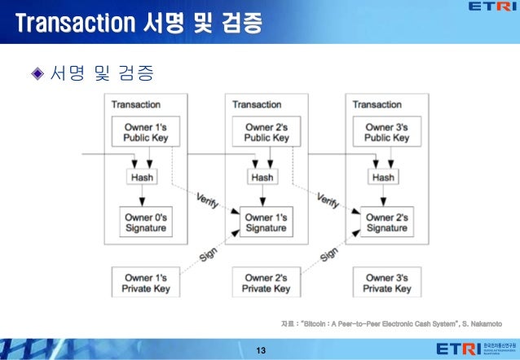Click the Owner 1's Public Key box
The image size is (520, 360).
coord(144,132)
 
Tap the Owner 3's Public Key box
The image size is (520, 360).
coord(386,132)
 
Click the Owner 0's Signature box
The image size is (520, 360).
coord(144,222)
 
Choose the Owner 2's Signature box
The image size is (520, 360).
coord(386,222)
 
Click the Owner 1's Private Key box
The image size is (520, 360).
coord(144,283)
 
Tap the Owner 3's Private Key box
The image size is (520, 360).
coord(386,283)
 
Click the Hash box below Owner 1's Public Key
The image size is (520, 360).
coord(142,177)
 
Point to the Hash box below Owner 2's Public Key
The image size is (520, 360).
coord(262,177)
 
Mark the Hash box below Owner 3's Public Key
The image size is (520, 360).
coord(384,177)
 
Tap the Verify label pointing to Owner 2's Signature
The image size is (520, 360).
coord(328,200)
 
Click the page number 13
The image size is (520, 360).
coord(261,350)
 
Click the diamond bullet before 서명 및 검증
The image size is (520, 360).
coord(36,75)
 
